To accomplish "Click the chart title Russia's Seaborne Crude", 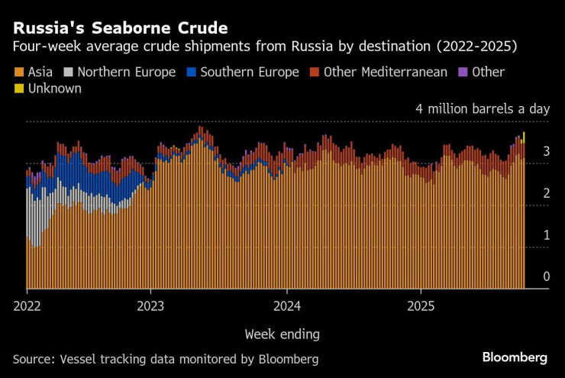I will pyautogui.click(x=120, y=28).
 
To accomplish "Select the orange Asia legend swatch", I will pyautogui.click(x=18, y=73).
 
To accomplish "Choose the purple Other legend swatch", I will pyautogui.click(x=463, y=73).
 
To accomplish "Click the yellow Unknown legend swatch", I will pyautogui.click(x=18, y=89).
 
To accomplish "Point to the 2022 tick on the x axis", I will pyautogui.click(x=26, y=305).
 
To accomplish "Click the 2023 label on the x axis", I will pyautogui.click(x=150, y=305).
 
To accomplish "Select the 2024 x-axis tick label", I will pyautogui.click(x=286, y=305).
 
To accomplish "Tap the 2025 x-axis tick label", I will pyautogui.click(x=421, y=305).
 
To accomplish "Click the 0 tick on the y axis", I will pyautogui.click(x=546, y=276).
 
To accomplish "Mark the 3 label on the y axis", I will pyautogui.click(x=546, y=152).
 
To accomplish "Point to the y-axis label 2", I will pyautogui.click(x=546, y=194).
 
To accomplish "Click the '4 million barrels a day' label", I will pyautogui.click(x=482, y=109).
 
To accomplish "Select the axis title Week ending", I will pyautogui.click(x=282, y=334).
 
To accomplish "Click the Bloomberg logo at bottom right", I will pyautogui.click(x=515, y=357).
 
